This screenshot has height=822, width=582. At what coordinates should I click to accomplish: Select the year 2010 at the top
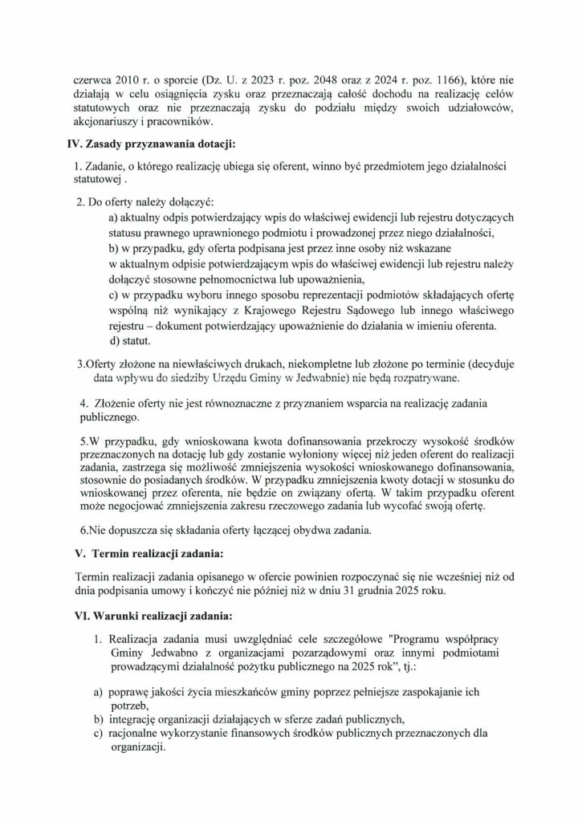coord(113,81)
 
